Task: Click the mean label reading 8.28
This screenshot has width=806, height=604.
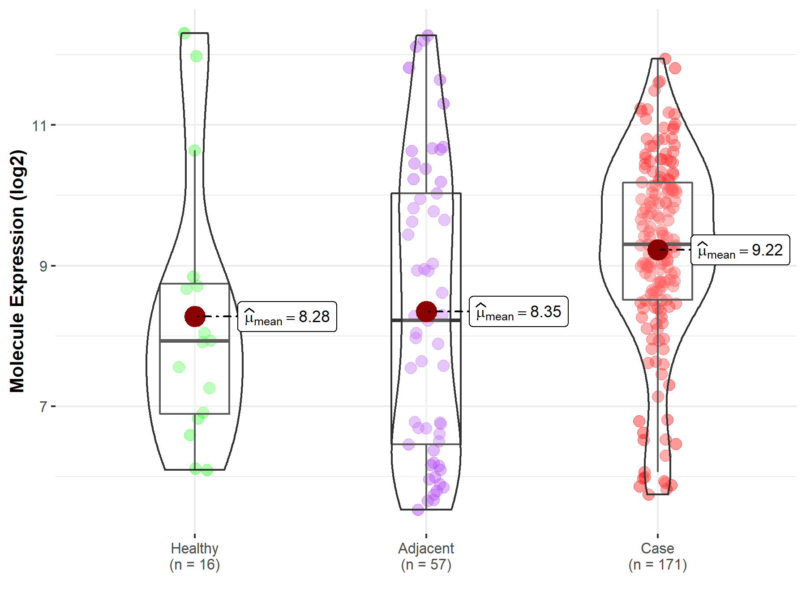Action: pyautogui.click(x=287, y=317)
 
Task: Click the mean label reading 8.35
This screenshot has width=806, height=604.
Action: pyautogui.click(x=519, y=311)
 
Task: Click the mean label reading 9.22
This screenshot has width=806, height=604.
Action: pyautogui.click(x=740, y=250)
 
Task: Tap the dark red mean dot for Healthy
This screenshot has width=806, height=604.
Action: pyautogui.click(x=195, y=316)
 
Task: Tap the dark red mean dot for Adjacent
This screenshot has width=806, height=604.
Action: pyautogui.click(x=426, y=311)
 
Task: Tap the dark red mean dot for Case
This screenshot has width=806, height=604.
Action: pyautogui.click(x=658, y=250)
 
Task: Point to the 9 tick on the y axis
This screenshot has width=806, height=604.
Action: pyautogui.click(x=43, y=266)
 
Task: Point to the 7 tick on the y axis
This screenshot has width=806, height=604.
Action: pyautogui.click(x=43, y=407)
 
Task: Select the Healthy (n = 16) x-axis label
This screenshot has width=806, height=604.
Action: pyautogui.click(x=195, y=556)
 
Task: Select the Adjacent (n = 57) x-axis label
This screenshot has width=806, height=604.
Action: pyautogui.click(x=426, y=556)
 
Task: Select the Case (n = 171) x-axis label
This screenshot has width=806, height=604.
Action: pyautogui.click(x=657, y=556)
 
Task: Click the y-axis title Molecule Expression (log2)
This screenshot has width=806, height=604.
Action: pyautogui.click(x=17, y=271)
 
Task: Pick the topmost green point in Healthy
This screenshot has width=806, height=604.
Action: pyautogui.click(x=184, y=33)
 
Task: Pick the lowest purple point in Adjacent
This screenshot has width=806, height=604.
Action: pyautogui.click(x=418, y=510)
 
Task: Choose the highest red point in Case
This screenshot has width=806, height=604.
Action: pyautogui.click(x=665, y=59)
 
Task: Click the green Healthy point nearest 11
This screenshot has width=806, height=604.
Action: pyautogui.click(x=194, y=150)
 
